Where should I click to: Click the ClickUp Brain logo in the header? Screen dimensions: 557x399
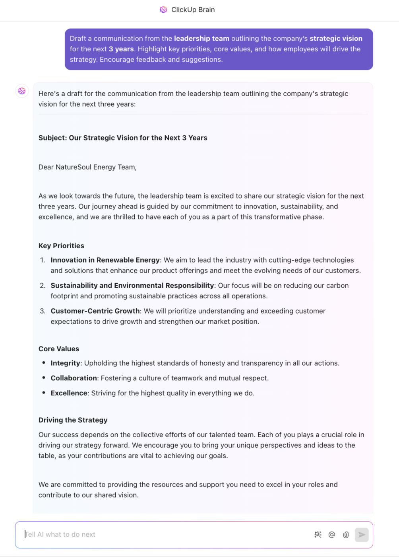[163, 10]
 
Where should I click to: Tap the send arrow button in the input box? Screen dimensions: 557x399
[362, 535]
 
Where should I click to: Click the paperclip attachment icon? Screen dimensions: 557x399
[346, 535]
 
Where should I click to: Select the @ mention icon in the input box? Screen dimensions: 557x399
[332, 535]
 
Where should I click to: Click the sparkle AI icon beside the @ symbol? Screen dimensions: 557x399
[318, 535]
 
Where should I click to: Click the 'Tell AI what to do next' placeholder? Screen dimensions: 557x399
[60, 535]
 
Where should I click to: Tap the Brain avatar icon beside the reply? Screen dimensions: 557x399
[22, 91]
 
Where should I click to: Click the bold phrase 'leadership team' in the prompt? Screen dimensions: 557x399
[201, 39]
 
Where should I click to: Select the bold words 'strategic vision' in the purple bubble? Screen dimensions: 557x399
[336, 39]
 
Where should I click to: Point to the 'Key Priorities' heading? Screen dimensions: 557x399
[61, 246]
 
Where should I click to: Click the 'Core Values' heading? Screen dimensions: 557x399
[59, 349]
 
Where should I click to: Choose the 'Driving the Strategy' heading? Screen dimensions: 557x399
[73, 420]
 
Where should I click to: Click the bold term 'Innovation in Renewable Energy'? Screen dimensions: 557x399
[105, 260]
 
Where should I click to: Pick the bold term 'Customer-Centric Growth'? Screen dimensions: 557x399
[95, 311]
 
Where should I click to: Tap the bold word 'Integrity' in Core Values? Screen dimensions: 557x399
[65, 363]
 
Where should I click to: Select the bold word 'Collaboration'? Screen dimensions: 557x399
[74, 378]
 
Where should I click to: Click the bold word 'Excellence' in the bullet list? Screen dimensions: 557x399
[69, 393]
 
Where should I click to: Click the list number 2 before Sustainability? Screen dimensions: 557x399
[43, 286]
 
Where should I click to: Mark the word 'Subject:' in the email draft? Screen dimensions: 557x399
[52, 138]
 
